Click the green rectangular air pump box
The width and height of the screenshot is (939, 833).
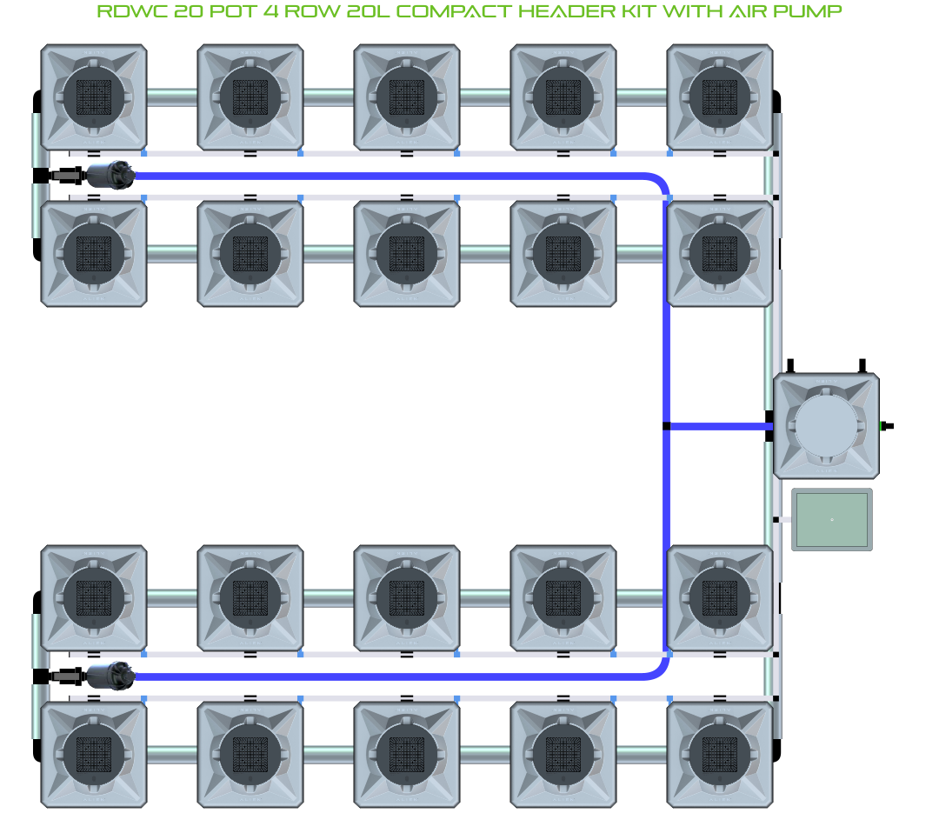831,519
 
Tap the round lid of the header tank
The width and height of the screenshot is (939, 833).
826,426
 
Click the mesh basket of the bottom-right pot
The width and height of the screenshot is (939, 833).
720,754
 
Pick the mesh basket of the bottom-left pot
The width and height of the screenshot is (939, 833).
94,754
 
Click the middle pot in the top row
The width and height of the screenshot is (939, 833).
407,97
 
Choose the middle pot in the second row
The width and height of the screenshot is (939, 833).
407,253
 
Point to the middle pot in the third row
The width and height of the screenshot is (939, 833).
407,598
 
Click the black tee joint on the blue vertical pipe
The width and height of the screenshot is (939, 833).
666,426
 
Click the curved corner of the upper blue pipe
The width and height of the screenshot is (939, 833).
660,182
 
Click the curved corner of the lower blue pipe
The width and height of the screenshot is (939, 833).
660,670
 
